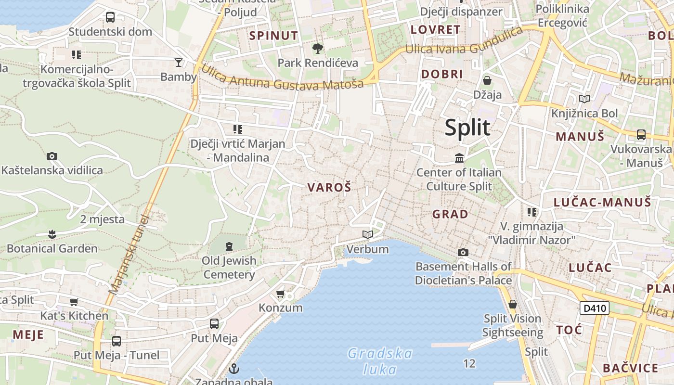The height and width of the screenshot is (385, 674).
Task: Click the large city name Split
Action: click(x=467, y=128)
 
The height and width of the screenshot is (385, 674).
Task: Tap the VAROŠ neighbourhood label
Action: click(x=329, y=188)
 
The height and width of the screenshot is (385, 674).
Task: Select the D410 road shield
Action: click(x=594, y=308)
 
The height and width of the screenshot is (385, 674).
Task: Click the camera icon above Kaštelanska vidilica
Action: click(x=52, y=156)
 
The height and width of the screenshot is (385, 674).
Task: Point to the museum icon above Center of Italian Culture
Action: click(x=459, y=158)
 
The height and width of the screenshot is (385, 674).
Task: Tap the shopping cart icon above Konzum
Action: click(x=281, y=294)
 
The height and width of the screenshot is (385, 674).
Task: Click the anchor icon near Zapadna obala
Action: click(x=233, y=369)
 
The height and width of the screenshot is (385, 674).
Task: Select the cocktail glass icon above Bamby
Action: click(x=179, y=62)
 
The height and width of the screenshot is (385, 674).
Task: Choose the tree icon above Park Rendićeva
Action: click(x=317, y=48)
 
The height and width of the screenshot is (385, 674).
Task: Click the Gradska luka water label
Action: click(x=380, y=361)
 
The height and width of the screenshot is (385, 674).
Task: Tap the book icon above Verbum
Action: click(x=368, y=234)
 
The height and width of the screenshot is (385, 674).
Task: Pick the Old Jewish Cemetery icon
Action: click(x=229, y=246)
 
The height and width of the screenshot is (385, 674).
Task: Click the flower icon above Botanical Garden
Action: click(x=52, y=234)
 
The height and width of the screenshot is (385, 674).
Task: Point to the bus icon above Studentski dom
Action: click(x=110, y=17)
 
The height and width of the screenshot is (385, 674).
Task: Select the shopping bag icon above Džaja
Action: click(x=487, y=80)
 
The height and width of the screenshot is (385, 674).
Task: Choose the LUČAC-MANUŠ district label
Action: click(x=602, y=202)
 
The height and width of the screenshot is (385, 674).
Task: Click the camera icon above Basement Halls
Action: click(x=463, y=252)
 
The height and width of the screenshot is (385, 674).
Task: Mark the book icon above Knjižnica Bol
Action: click(x=584, y=99)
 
